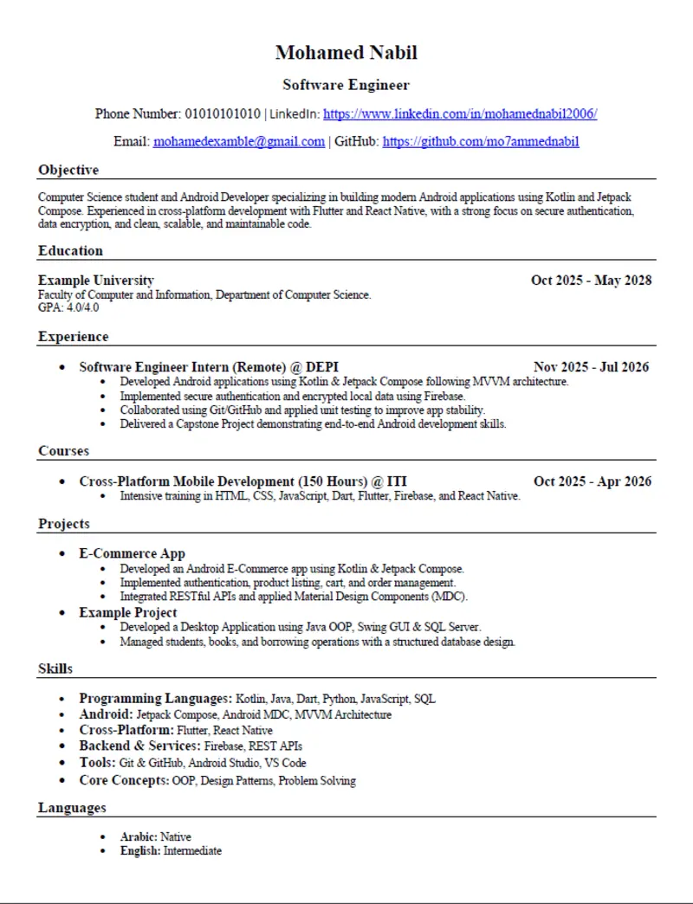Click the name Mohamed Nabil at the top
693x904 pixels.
346,53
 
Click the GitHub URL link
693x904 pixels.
481,141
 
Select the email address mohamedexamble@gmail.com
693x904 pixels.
239,141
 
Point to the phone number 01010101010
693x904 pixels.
223,113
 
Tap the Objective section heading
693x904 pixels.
68,170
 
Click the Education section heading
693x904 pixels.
70,250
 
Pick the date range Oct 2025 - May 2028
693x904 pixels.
591,280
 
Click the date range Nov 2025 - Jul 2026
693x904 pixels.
591,367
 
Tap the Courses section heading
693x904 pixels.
63,450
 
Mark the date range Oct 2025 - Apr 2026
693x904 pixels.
593,481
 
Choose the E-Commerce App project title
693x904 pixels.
132,553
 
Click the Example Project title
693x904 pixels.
128,612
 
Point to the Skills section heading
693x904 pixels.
55,668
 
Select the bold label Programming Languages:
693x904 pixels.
155,698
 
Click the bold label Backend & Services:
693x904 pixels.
139,746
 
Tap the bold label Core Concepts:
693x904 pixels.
124,780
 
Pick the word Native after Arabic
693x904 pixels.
176,836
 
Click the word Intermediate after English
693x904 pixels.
192,851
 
